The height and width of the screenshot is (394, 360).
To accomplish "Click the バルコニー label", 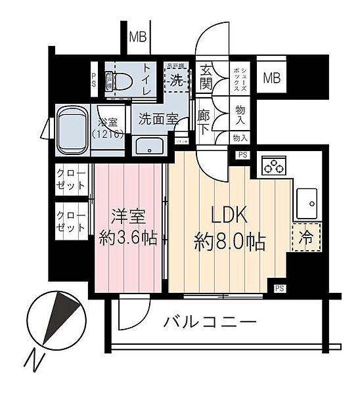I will tap(210, 323).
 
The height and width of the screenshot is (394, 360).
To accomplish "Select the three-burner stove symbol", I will tap(275, 167).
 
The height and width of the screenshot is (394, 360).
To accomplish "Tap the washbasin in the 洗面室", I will tap(152, 145).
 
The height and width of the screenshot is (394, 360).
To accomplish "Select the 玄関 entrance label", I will tap(206, 76).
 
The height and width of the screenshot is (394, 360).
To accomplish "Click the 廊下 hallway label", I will tap(204, 120).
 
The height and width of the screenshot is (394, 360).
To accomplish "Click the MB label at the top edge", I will tap(137, 37).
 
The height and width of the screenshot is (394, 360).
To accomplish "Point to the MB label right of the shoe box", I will tap(271, 79).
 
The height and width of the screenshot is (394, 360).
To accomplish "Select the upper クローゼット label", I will tap(71, 178).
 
